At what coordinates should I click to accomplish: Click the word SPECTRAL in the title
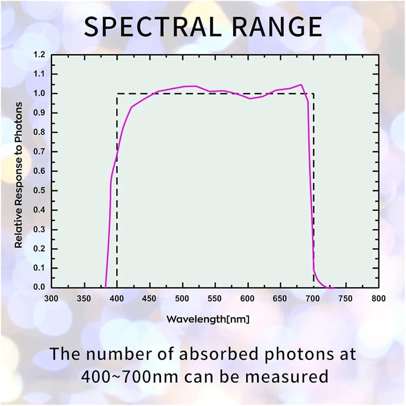click(153, 27)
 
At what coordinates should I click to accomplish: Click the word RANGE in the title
click(277, 27)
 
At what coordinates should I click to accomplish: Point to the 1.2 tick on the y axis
click(39, 55)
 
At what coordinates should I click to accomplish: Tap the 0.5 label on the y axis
click(39, 190)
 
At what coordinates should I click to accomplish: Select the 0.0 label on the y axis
click(39, 287)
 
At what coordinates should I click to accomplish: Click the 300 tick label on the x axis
click(51, 298)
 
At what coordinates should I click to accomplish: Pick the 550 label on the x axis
click(215, 298)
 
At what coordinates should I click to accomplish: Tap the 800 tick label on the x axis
click(378, 298)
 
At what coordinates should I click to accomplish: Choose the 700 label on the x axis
click(313, 298)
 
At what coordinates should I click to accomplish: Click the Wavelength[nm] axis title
click(208, 319)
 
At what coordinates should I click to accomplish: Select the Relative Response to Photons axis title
click(19, 175)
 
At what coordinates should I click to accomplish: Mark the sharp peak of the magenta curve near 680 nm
click(301, 84)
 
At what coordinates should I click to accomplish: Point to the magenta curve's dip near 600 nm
click(250, 99)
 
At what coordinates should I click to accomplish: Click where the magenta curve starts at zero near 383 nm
click(106, 287)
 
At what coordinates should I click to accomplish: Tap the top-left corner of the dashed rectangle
click(117, 93)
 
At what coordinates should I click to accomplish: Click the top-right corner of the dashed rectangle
click(313, 93)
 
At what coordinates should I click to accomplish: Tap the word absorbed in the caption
click(219, 354)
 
